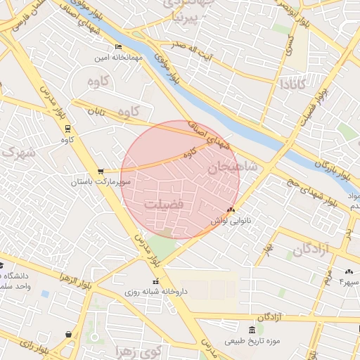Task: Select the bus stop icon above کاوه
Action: [67, 129]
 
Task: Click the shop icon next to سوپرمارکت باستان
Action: [101, 171]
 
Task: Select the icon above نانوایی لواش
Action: [231, 210]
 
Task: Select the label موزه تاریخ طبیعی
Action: [252, 341]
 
